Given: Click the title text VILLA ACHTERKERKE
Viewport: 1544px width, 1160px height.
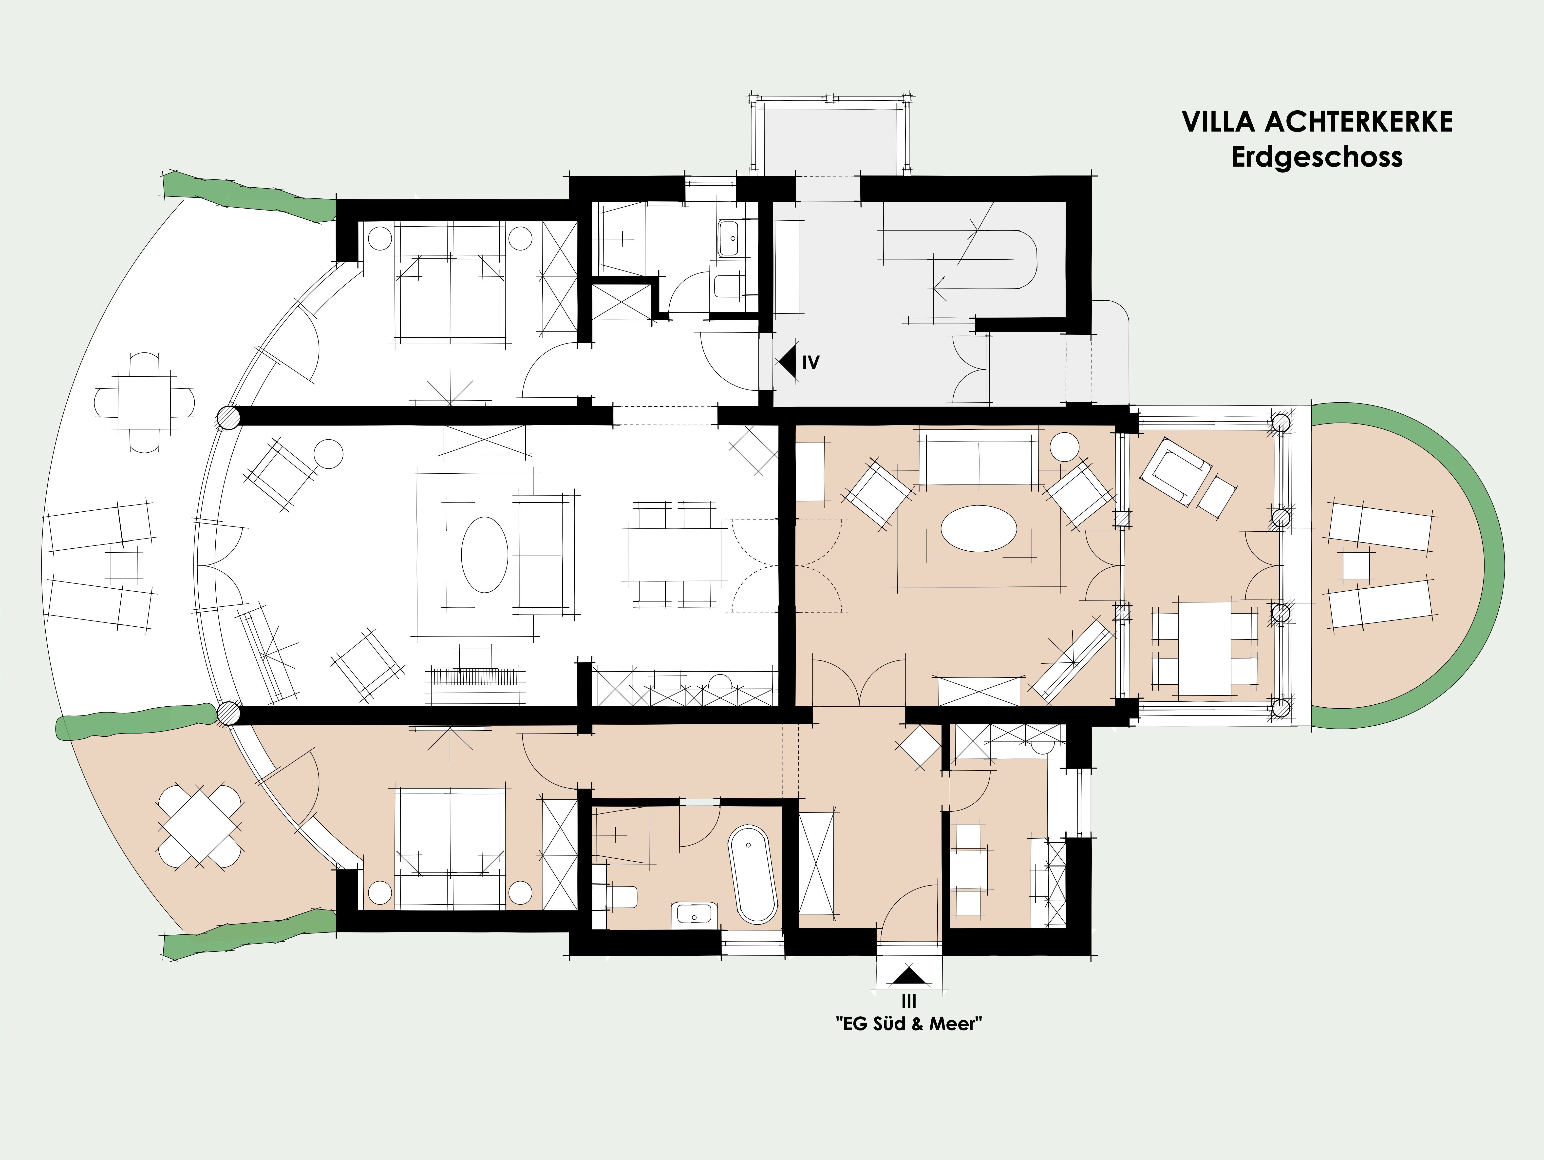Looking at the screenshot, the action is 1317,121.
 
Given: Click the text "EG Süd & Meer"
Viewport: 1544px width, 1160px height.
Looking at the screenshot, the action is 909,1024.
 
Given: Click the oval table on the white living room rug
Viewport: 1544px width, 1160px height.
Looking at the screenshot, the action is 484,555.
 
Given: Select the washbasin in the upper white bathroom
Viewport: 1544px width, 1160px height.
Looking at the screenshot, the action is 729,239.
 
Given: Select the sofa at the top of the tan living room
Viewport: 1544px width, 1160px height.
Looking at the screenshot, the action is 978,457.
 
